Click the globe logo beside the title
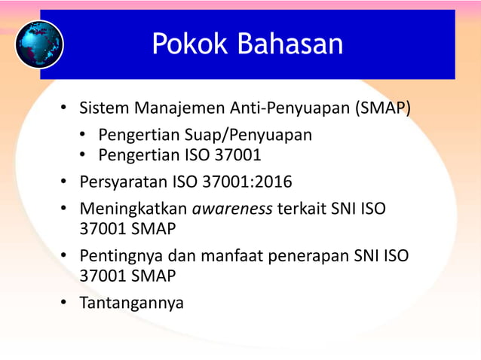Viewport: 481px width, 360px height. [x=38, y=44]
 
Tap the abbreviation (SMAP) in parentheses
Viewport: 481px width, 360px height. [x=382, y=108]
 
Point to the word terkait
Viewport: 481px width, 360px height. [x=302, y=209]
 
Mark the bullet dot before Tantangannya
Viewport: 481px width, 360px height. [x=65, y=303]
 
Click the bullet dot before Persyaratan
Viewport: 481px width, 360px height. [x=65, y=182]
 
